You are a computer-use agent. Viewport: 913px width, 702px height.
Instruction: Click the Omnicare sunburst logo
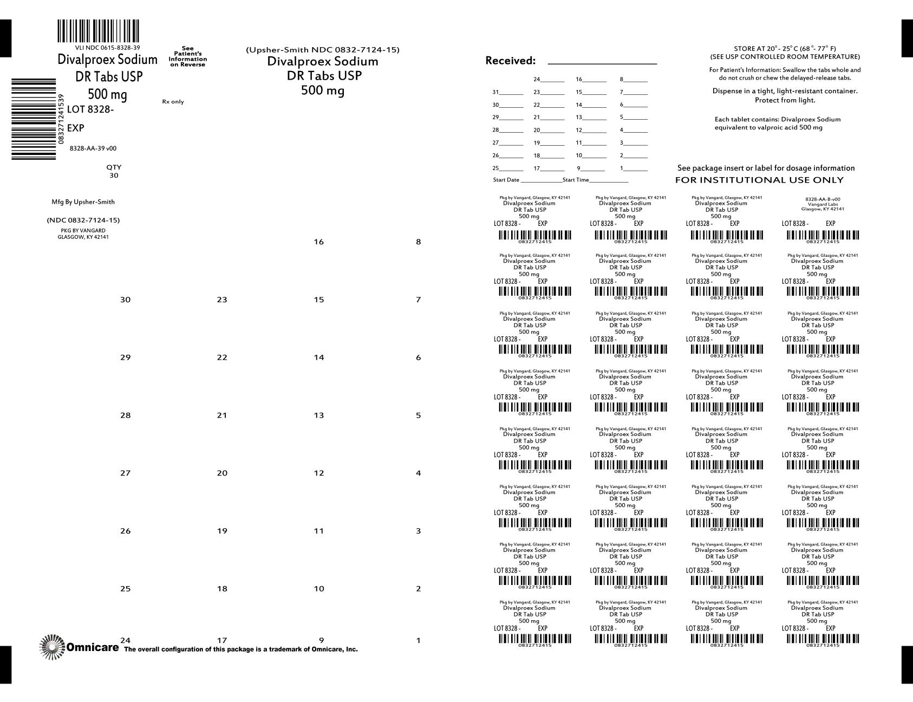[x=51, y=647]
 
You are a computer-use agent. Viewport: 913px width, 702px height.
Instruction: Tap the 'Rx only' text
[x=173, y=102]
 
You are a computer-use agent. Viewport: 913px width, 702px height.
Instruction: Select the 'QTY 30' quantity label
[x=114, y=171]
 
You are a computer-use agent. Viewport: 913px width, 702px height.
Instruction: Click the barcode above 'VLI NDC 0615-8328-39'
[x=98, y=31]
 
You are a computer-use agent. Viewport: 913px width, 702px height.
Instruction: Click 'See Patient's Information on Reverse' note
[x=187, y=56]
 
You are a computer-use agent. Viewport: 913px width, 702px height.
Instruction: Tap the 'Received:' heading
[x=510, y=61]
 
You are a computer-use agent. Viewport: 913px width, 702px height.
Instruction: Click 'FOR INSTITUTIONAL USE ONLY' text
[x=759, y=180]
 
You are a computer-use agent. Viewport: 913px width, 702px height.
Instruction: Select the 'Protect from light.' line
[x=785, y=100]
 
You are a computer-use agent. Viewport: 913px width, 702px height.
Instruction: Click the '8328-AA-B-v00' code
[x=823, y=199]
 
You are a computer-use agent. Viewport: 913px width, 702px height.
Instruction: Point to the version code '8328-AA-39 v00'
[x=93, y=148]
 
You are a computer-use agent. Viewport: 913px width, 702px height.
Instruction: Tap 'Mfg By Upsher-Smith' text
[x=83, y=202]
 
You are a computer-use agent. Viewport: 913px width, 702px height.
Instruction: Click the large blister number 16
[x=318, y=242]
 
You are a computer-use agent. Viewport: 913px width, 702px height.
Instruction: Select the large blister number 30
[x=125, y=300]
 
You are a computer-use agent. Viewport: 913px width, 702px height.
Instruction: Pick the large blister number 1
[x=418, y=641]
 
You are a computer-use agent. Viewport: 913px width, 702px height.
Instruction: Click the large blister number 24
[x=125, y=641]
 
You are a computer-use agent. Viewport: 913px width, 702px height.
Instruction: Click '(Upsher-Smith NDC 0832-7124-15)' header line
[x=323, y=50]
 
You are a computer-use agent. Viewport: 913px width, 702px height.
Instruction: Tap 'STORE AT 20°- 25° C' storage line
[x=785, y=49]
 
